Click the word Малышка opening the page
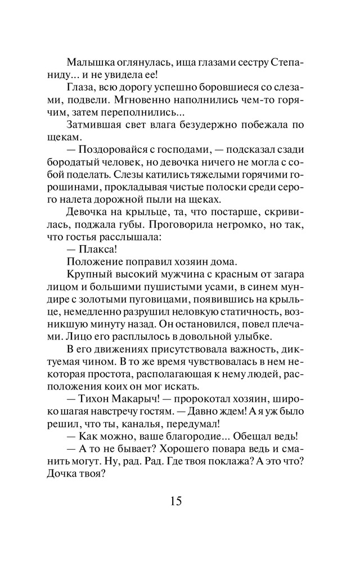90,61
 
